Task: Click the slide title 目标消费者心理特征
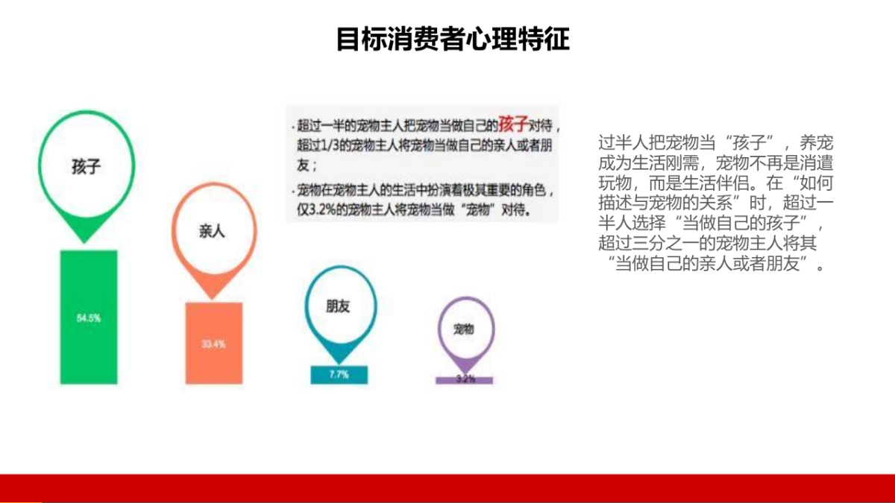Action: coord(453,39)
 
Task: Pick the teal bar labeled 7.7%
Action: coord(339,375)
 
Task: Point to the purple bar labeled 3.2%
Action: coord(465,379)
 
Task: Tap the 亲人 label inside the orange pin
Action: coord(212,231)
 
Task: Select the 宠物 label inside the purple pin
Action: coord(464,329)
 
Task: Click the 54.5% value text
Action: coord(89,318)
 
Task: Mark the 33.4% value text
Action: coord(213,344)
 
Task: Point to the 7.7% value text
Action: coord(339,375)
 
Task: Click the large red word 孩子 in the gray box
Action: coord(514,123)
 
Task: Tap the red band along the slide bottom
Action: coord(447,487)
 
